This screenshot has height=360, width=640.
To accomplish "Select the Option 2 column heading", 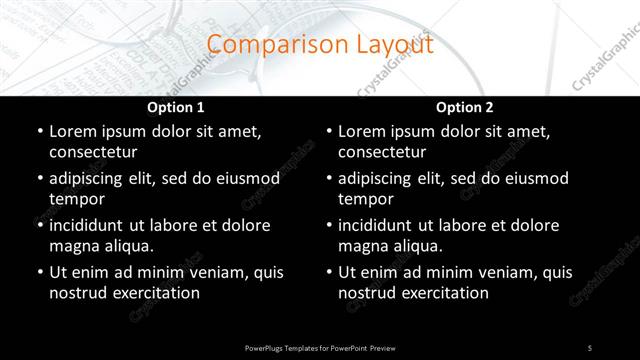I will (x=465, y=107).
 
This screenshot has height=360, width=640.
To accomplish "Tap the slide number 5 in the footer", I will (x=589, y=346).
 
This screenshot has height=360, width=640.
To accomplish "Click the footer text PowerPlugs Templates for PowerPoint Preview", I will (x=319, y=346).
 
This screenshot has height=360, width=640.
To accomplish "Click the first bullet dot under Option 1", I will (x=39, y=132).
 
